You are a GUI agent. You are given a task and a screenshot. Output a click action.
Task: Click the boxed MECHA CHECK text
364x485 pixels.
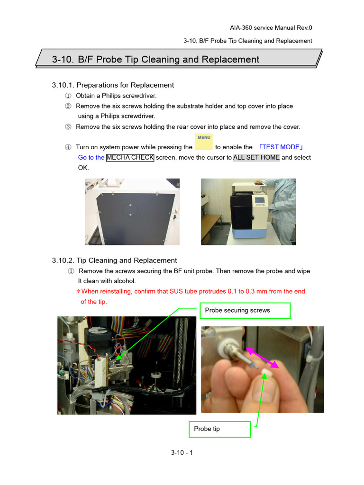(130, 158)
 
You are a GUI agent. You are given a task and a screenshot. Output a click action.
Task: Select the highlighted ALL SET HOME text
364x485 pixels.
(256, 158)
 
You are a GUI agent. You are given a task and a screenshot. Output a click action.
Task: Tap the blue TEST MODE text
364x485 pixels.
(282, 147)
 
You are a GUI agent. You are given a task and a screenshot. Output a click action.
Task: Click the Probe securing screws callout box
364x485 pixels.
(245, 311)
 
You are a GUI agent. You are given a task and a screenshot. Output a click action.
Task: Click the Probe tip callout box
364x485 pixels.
(219, 429)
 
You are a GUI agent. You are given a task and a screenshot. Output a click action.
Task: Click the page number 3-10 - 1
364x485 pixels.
(182, 453)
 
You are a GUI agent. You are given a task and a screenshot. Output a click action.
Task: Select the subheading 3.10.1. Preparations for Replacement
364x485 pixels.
(113, 85)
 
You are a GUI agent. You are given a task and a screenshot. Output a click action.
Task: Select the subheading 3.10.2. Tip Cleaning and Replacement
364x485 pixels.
(114, 260)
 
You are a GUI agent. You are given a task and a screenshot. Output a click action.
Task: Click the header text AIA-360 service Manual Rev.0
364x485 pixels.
(271, 28)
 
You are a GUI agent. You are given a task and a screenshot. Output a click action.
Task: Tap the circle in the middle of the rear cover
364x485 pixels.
(130, 209)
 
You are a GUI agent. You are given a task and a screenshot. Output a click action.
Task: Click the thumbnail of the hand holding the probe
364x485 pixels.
(262, 369)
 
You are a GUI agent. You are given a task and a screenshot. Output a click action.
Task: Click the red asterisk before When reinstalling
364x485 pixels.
(78, 292)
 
